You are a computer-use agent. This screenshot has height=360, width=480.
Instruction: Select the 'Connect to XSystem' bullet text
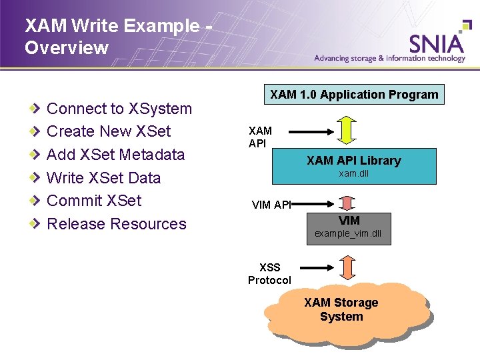(119, 109)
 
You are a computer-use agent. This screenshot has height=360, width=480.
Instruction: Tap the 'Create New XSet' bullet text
(109, 131)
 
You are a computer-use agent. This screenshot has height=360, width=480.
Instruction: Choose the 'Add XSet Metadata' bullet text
(115, 155)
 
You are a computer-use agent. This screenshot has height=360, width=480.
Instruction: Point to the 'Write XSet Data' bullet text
(103, 178)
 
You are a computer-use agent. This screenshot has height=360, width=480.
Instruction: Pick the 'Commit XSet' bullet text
(94, 201)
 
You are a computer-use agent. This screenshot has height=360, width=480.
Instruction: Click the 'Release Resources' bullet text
(117, 224)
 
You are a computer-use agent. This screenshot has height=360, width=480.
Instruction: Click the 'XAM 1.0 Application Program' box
(354, 95)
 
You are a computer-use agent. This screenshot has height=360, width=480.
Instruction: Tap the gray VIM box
(348, 227)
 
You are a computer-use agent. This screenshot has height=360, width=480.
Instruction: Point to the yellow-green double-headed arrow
(347, 130)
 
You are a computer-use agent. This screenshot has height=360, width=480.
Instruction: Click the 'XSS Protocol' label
(269, 274)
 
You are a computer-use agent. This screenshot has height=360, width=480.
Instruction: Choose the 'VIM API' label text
(271, 205)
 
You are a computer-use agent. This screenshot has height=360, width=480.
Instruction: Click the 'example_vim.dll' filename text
(347, 234)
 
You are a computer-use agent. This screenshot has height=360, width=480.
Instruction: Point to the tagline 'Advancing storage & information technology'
(390, 58)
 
